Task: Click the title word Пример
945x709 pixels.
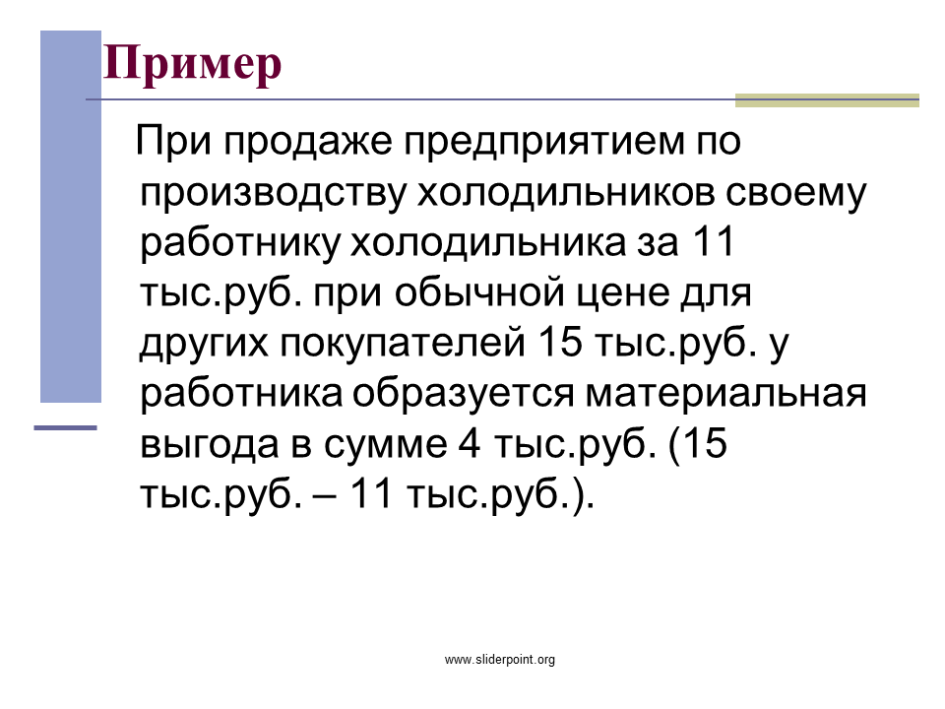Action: click(192, 64)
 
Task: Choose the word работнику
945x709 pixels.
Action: click(240, 243)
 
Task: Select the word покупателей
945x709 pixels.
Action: click(403, 343)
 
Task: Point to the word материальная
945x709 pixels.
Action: click(725, 394)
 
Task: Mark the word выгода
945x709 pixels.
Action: click(210, 445)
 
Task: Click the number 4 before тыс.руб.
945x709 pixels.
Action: click(470, 443)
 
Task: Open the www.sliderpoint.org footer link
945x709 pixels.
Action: click(500, 660)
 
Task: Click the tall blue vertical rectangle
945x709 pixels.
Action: click(71, 217)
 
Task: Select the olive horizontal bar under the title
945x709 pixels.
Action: click(827, 100)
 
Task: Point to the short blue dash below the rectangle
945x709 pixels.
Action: click(65, 428)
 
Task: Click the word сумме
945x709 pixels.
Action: click(386, 445)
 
